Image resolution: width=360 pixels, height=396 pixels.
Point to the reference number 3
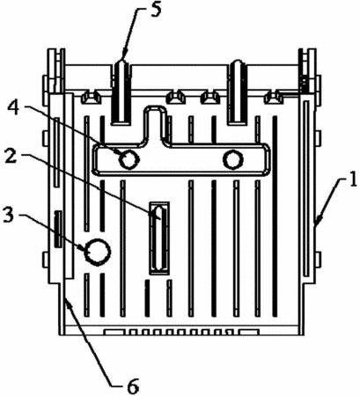(x=8, y=215)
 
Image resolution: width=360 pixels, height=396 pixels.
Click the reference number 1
(x=353, y=180)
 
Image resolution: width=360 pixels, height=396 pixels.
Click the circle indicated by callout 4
(x=129, y=159)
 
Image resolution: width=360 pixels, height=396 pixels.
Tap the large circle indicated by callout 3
(x=98, y=252)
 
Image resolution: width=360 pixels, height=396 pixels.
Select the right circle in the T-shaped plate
(x=233, y=159)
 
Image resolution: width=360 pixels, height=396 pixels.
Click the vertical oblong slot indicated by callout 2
(x=159, y=238)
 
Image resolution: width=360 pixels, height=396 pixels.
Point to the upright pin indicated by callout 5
(x=121, y=92)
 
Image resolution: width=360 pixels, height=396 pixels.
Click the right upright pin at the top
(x=238, y=92)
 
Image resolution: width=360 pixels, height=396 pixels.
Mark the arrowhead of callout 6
(x=67, y=302)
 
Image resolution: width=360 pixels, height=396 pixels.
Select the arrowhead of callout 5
(x=123, y=56)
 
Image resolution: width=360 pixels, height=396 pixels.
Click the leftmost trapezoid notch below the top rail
(x=91, y=98)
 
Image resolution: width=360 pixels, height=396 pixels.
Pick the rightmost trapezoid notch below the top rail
(x=274, y=98)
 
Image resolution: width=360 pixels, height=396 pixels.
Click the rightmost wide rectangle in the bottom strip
(x=249, y=332)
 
